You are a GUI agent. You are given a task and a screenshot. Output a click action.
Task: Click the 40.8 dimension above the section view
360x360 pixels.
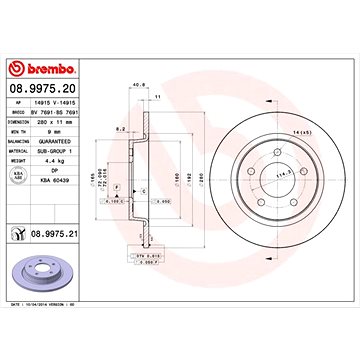pos(135,85)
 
